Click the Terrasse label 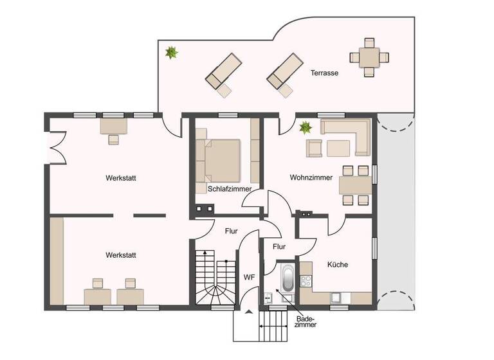324,73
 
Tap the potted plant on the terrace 171,53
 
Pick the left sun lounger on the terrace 223,72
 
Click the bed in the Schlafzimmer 221,159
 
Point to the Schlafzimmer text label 230,189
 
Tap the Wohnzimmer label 311,177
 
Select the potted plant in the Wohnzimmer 304,128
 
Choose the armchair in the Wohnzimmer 314,148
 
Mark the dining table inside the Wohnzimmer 356,185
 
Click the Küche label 338,264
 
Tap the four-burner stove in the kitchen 306,281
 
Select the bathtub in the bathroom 287,279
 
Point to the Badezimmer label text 306,321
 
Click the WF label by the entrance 249,277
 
